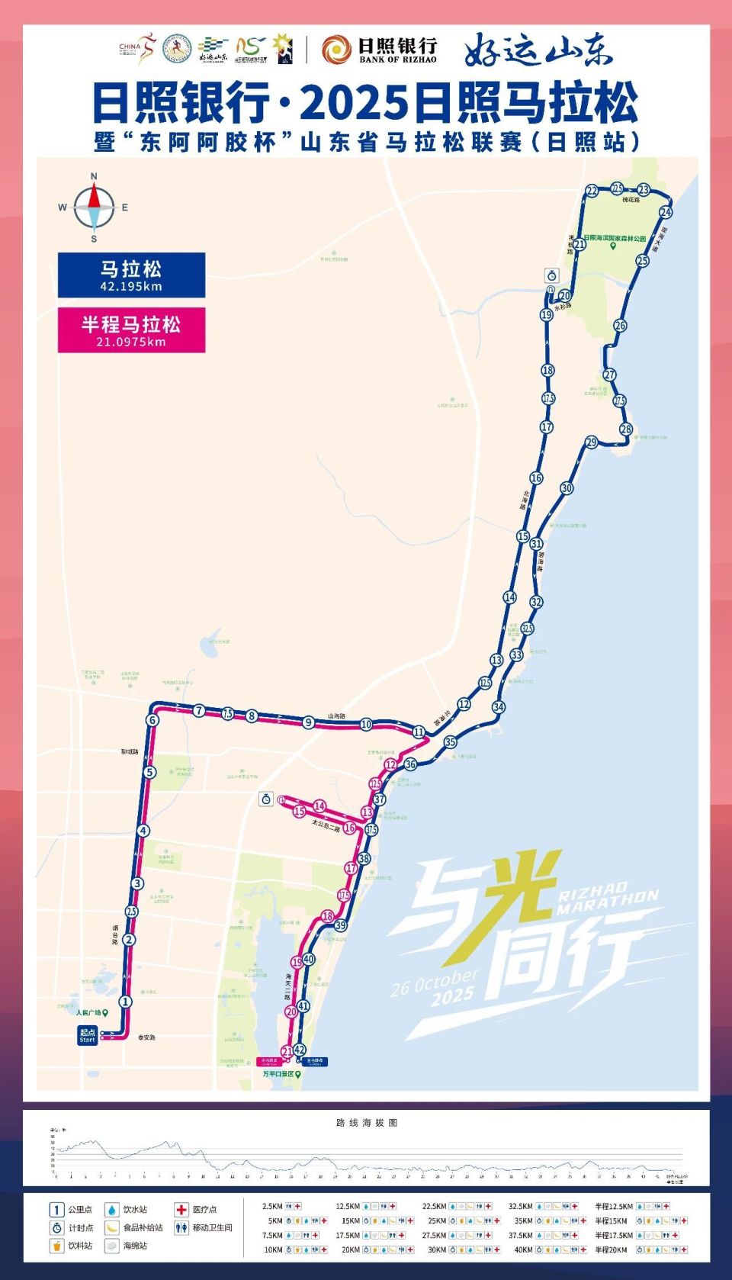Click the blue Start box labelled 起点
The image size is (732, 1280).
click(x=88, y=1036)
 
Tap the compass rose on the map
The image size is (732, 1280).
click(x=94, y=207)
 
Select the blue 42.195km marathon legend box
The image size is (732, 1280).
click(x=131, y=275)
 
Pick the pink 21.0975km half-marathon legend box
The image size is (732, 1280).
click(x=131, y=330)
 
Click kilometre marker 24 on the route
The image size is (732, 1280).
click(x=666, y=212)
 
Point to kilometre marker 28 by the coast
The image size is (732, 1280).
click(x=626, y=429)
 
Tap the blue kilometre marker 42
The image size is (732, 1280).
click(x=299, y=1050)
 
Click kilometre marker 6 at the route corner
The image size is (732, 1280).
click(x=152, y=720)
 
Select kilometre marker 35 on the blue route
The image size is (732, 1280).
click(x=450, y=742)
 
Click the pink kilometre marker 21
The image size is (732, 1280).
click(x=287, y=1051)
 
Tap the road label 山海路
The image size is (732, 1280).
click(x=336, y=716)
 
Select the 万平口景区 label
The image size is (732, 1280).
click(x=279, y=1074)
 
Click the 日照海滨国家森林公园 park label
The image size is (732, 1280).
click(x=615, y=239)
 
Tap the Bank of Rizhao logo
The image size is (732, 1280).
click(x=379, y=50)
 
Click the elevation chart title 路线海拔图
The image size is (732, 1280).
click(x=367, y=1123)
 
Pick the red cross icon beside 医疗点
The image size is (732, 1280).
click(x=181, y=1210)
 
